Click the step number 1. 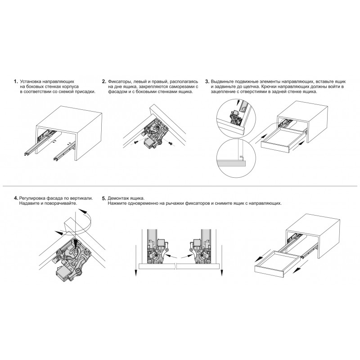click(x=16, y=81)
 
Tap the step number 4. click(x=16, y=198)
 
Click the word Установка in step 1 click(x=31, y=82)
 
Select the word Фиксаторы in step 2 click(x=119, y=82)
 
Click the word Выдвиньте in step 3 click(x=221, y=82)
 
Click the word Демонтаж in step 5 click(x=117, y=198)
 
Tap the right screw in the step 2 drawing click(x=171, y=143)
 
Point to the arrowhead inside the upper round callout click(x=238, y=103)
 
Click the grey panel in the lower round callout click(x=231, y=163)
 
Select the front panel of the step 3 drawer click(x=275, y=147)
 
